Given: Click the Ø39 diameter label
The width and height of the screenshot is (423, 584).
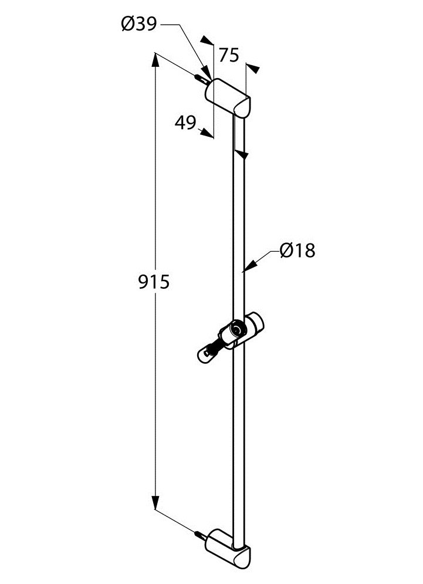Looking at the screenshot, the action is [x=139, y=25].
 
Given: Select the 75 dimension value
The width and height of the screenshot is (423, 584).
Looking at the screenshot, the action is [x=229, y=55].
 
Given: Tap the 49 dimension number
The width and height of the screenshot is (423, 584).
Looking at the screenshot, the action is [x=185, y=122].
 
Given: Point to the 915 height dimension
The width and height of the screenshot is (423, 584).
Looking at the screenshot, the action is [x=154, y=282].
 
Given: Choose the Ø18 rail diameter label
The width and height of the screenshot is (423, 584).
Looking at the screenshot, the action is [x=297, y=250].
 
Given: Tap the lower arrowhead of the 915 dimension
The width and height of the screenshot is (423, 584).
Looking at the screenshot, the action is [x=155, y=502].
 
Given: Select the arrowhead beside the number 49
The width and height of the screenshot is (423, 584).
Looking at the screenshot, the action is [x=206, y=133].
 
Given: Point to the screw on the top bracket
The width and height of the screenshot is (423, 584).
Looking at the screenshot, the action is [x=201, y=79].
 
